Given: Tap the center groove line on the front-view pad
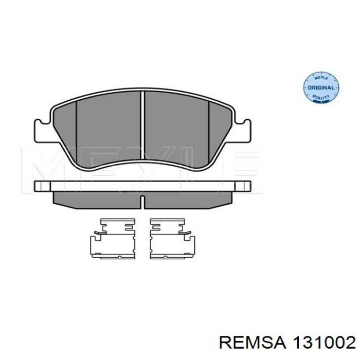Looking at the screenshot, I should (142, 123).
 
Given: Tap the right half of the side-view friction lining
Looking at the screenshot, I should (188, 198).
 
